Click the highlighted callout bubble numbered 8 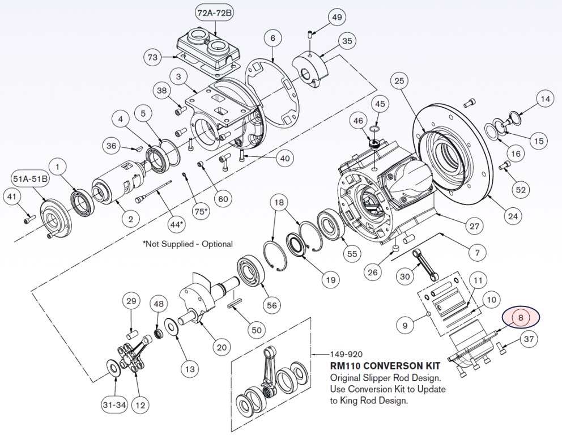coord(521,318)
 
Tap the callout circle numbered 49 coord(338,18)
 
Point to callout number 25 coord(400,82)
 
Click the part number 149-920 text coord(346,355)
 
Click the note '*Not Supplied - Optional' coord(188,244)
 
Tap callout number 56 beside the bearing coord(273,305)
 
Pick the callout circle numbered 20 coord(222,346)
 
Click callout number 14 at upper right coord(545,99)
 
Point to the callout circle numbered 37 coord(529,340)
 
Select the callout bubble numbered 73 coord(152,57)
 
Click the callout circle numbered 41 coord(11,196)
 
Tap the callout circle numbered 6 coord(273,39)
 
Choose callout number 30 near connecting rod coord(405,277)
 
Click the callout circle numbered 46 coord(358,121)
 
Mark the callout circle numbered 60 coord(223,199)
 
